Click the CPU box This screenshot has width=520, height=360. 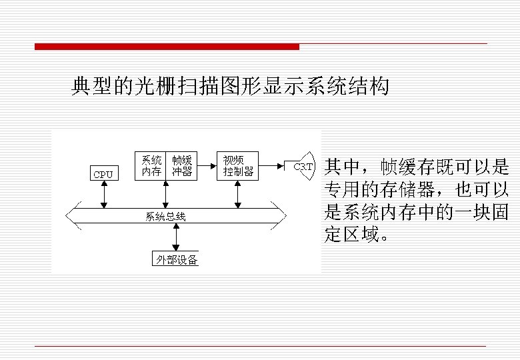click(x=103, y=174)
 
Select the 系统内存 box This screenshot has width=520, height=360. click(x=151, y=166)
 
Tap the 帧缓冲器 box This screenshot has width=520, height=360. click(x=181, y=166)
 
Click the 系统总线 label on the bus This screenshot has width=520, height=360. click(x=166, y=216)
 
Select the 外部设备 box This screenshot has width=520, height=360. click(x=177, y=259)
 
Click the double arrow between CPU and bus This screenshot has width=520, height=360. click(x=104, y=195)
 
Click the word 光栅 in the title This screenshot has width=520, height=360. click(x=149, y=87)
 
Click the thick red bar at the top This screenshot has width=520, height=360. click(x=167, y=47)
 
